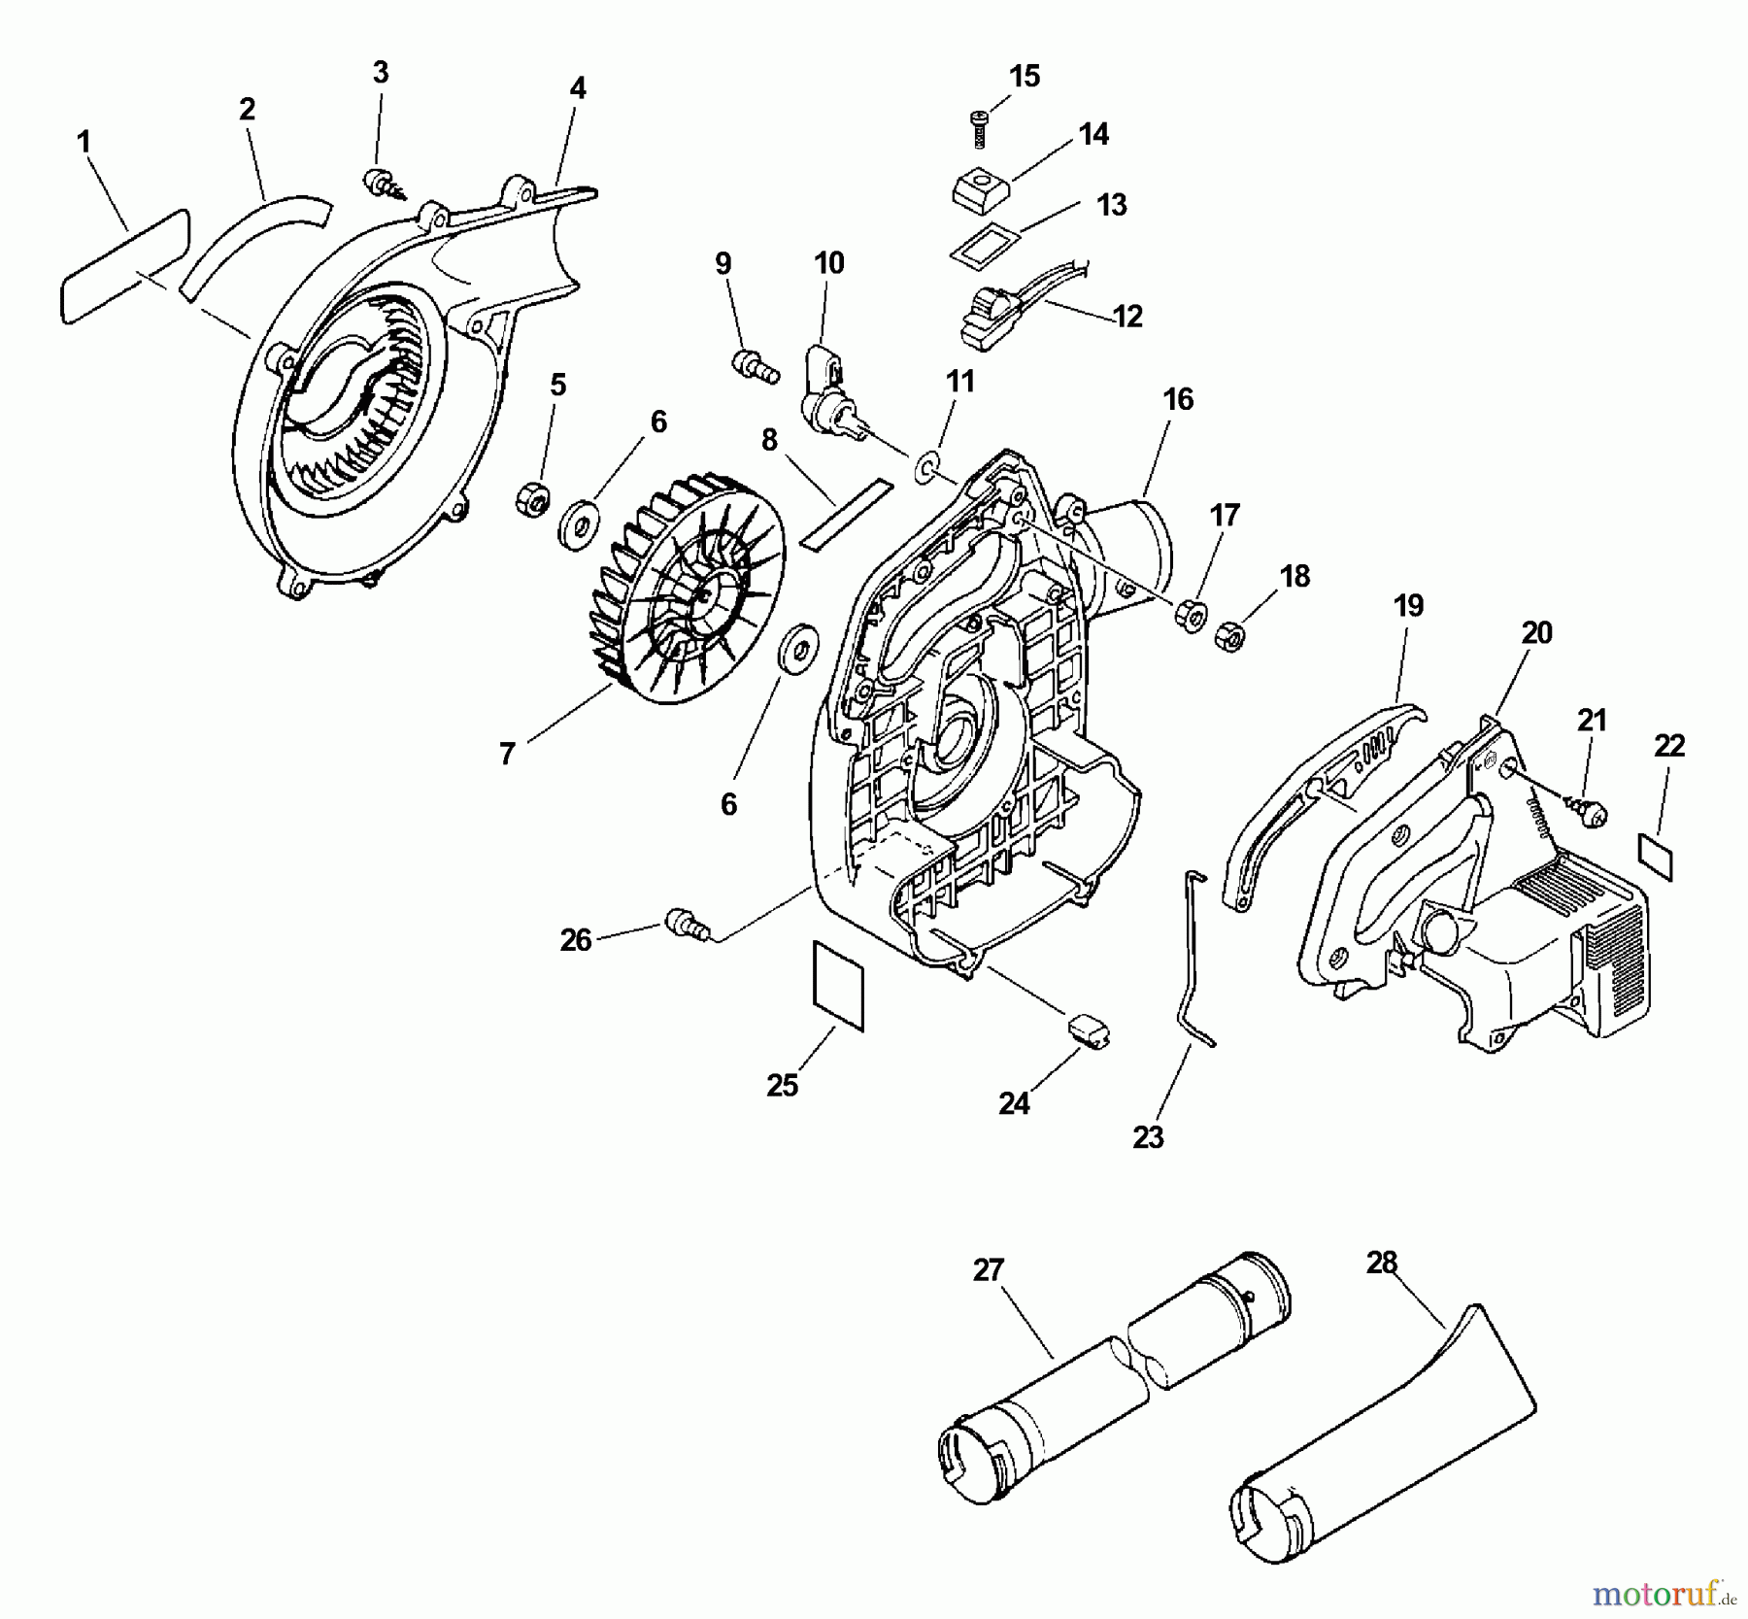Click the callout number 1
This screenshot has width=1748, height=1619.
(x=84, y=143)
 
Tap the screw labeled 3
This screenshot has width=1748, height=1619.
(x=377, y=182)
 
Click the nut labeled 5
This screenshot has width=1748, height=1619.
(x=532, y=500)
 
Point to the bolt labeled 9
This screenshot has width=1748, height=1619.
(x=754, y=368)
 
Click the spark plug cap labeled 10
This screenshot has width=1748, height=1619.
(x=824, y=393)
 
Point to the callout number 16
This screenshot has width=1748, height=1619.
(x=1178, y=399)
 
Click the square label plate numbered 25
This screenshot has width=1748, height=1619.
(x=836, y=984)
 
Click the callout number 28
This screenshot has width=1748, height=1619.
(x=1381, y=1263)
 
